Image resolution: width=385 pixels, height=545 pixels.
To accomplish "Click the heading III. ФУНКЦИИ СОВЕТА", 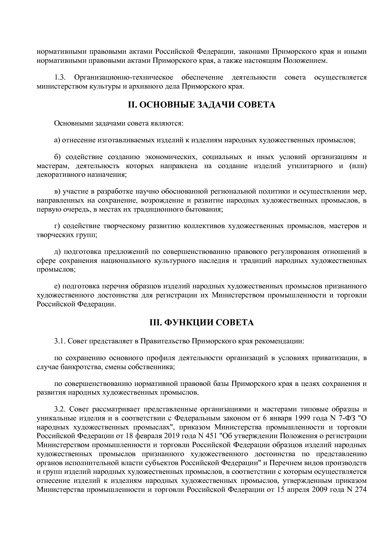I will click(202, 323).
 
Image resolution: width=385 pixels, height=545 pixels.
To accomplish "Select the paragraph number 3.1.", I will click(60, 341).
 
